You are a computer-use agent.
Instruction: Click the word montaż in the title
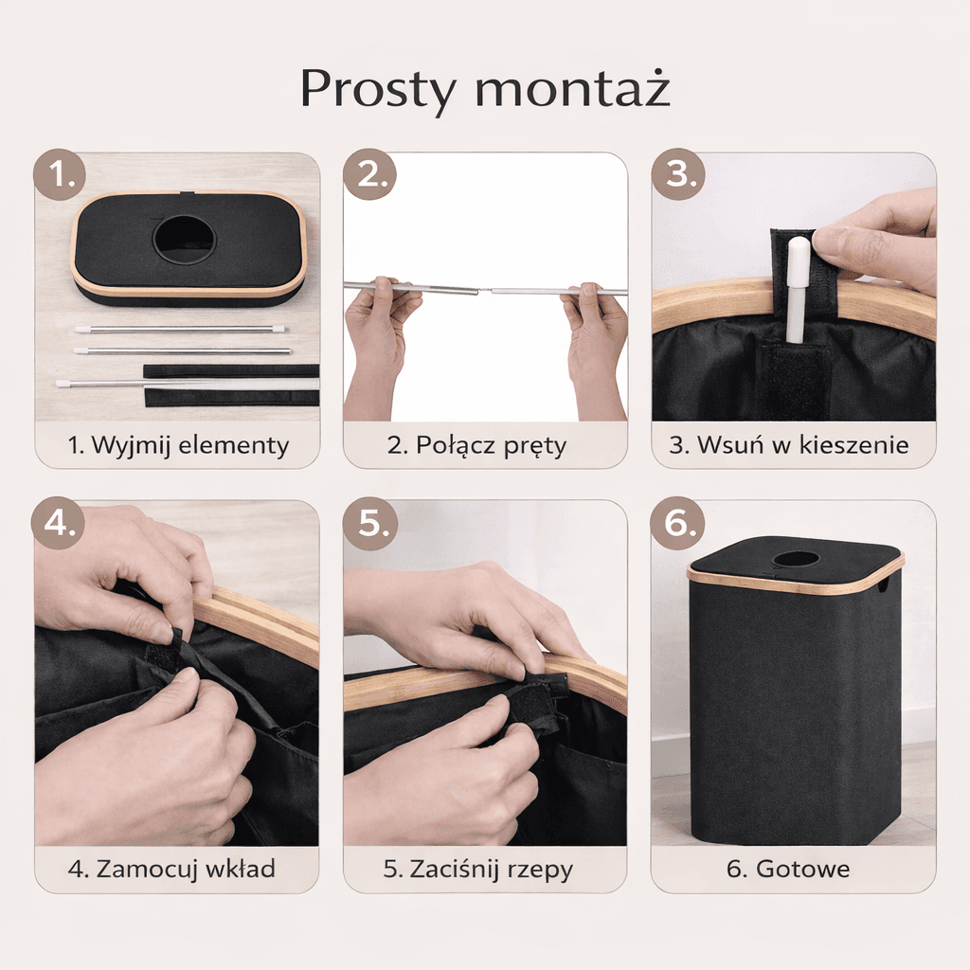tap(572, 88)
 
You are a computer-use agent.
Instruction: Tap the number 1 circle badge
tap(60, 174)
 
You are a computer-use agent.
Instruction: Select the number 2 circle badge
tap(370, 174)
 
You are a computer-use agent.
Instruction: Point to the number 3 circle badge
tap(678, 174)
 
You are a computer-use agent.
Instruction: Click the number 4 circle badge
tap(59, 523)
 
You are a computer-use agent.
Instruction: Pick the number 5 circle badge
tap(370, 523)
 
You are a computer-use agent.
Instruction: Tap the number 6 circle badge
tap(677, 523)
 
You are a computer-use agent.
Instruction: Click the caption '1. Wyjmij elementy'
tap(178, 445)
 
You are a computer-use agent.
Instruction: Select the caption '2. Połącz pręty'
tap(477, 445)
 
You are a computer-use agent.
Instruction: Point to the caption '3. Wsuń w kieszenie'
tap(789, 445)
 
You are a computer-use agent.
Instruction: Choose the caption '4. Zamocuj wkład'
tap(172, 870)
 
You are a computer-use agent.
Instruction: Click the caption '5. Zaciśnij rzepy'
tap(477, 870)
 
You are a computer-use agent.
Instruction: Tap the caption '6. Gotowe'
tap(788, 870)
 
